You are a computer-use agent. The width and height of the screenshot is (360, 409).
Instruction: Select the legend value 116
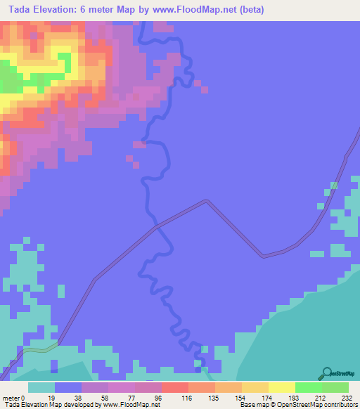(188, 397)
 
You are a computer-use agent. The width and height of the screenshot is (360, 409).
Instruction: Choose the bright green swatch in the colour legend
(308, 387)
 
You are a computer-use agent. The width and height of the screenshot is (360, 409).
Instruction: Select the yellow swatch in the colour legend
(281, 387)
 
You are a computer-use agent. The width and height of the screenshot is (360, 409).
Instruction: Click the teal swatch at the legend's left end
(41, 387)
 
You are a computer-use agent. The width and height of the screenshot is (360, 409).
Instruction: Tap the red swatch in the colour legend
(174, 387)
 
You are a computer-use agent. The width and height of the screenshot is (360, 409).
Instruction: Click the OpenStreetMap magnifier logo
(327, 373)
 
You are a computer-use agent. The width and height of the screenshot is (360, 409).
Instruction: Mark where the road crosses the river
(156, 227)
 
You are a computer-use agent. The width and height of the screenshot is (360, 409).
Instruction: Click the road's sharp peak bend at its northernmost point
(207, 202)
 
